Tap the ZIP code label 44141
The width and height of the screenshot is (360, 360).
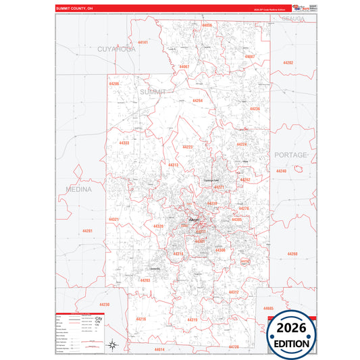143,43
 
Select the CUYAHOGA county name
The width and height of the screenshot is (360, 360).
117,49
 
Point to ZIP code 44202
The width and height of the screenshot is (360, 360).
288,62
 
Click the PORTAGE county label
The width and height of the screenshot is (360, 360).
290,155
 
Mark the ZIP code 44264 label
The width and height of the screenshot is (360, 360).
197,101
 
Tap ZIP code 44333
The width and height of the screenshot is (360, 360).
124,143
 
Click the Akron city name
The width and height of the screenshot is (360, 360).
195,220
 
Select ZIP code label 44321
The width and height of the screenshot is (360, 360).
113,220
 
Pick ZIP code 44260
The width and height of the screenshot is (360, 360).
292,253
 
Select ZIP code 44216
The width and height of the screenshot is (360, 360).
140,319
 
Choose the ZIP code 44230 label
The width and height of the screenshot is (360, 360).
104,305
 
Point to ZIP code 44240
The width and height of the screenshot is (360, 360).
281,171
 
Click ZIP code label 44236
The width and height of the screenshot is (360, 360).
254,108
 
